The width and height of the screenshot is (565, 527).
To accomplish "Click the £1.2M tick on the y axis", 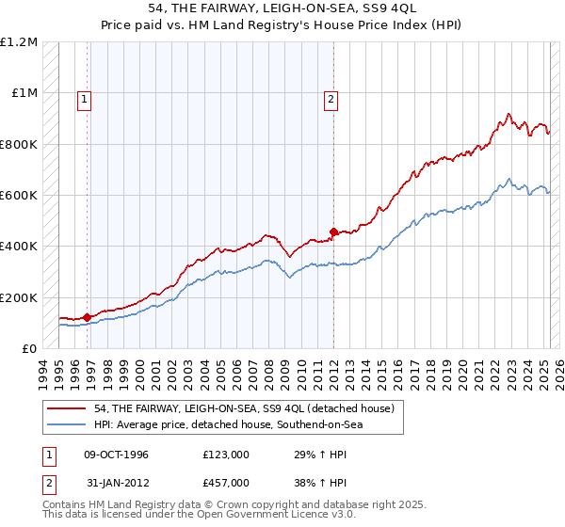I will point(18,42).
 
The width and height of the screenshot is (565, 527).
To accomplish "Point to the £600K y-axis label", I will point(18,196).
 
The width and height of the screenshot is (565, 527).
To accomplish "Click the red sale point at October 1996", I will point(88,317).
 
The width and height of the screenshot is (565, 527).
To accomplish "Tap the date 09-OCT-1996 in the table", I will point(116,455).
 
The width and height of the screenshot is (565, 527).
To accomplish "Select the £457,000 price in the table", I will point(226,482).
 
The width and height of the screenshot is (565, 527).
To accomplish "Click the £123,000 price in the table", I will point(226,455).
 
